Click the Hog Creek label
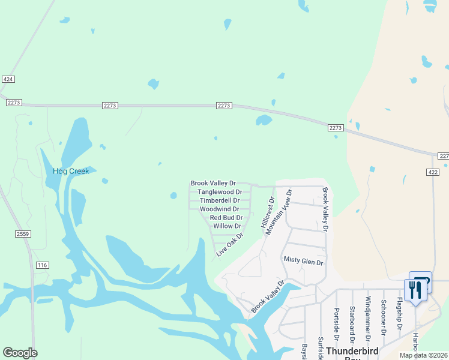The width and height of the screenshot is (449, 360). pyautogui.click(x=71, y=171)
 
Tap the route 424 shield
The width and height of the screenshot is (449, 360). pyautogui.click(x=8, y=79)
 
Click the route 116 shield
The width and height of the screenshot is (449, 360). pyautogui.click(x=42, y=265)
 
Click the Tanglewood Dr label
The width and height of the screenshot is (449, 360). pyautogui.click(x=220, y=192)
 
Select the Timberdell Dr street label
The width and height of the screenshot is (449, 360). pyautogui.click(x=220, y=200)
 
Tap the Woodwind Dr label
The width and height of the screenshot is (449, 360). pyautogui.click(x=220, y=209)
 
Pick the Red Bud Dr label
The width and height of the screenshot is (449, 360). pyautogui.click(x=226, y=218)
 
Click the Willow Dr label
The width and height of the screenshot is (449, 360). pyautogui.click(x=227, y=226)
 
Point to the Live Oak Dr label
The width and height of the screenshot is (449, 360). pyautogui.click(x=229, y=245)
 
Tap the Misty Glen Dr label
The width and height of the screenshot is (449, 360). pyautogui.click(x=303, y=262)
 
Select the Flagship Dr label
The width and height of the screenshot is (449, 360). pyautogui.click(x=399, y=313)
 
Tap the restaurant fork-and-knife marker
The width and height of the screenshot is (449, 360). pyautogui.click(x=415, y=290)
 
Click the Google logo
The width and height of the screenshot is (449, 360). pyautogui.click(x=20, y=353)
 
